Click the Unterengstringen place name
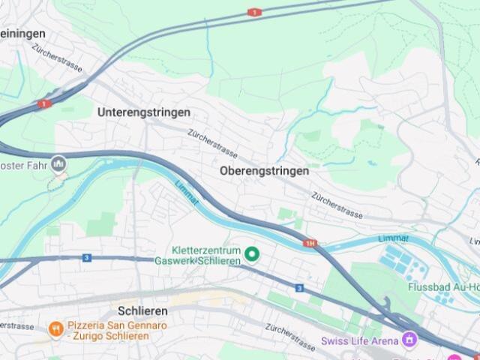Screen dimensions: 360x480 pos(143,112)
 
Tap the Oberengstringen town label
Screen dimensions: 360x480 pos(264,171)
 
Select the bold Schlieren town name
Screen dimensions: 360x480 pos(142,310)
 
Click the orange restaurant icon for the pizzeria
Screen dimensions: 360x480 pos(55,328)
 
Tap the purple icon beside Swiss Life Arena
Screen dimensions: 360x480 pos(408,340)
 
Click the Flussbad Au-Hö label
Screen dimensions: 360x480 pos(443,286)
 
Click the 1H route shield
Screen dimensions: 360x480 pos(310,243)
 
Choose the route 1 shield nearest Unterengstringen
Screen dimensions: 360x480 pos(44,104)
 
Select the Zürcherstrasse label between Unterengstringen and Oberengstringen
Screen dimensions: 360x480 pos(213,142)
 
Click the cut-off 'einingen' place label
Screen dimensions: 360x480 pos(22,34)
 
